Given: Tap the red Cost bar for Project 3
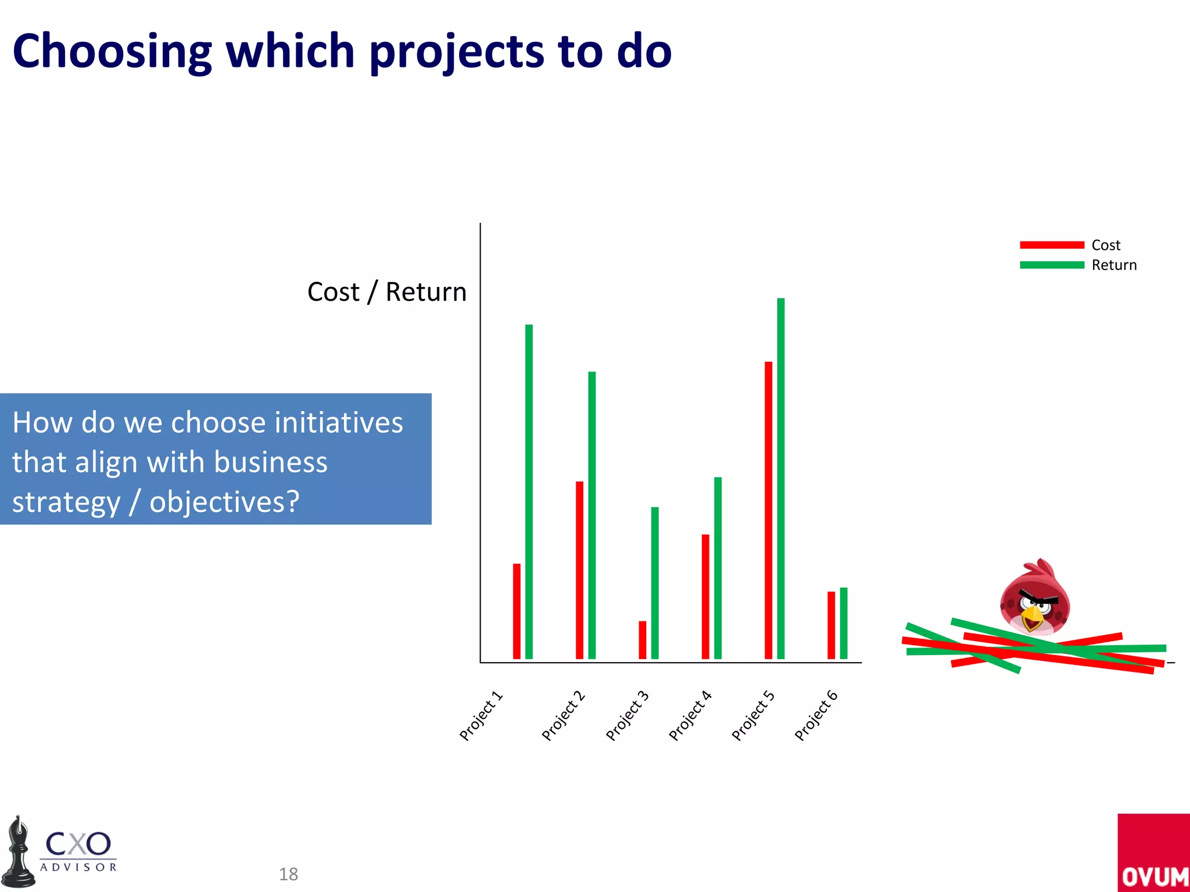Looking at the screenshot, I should click(642, 640).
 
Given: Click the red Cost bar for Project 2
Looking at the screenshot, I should click(579, 570).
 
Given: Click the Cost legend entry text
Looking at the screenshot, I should click(1106, 245).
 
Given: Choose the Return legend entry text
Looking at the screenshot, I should click(1114, 265).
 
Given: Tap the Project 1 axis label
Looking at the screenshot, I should click(481, 716).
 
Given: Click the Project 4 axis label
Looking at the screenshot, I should click(690, 716).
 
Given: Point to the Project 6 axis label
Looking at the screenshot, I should click(816, 716).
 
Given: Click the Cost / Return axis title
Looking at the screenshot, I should click(387, 292).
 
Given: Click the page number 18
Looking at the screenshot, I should click(288, 874).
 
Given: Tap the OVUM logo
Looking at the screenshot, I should click(1154, 854).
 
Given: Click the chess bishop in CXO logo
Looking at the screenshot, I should click(19, 854).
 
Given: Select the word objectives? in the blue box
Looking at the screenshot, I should click(224, 502).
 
